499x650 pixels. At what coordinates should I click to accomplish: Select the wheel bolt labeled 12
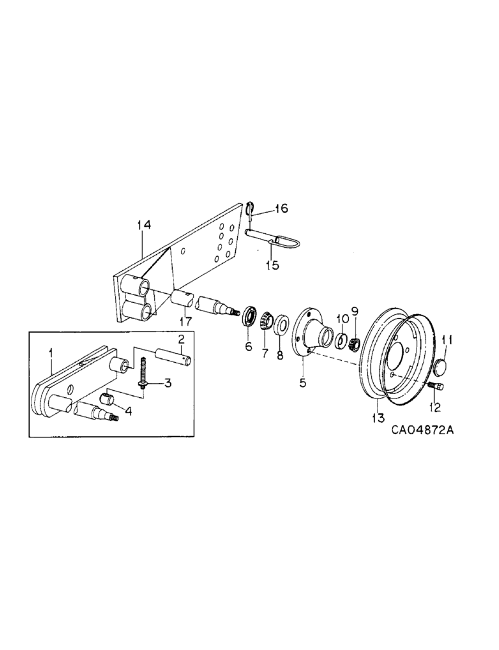[x=435, y=387]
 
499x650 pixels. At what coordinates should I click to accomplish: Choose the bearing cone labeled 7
[x=266, y=322]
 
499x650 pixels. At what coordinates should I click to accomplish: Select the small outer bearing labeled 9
[x=355, y=342]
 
